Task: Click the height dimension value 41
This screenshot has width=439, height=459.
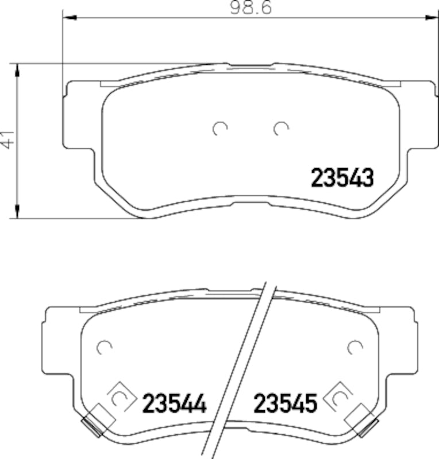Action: (7, 139)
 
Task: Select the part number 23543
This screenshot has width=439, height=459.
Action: (342, 178)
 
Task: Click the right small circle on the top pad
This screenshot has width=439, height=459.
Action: (280, 129)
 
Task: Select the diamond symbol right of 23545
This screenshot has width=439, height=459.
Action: (338, 396)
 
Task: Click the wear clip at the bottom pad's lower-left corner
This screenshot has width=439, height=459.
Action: (92, 423)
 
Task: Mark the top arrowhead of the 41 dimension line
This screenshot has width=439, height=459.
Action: (18, 71)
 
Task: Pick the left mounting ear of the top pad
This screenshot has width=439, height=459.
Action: (78, 115)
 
